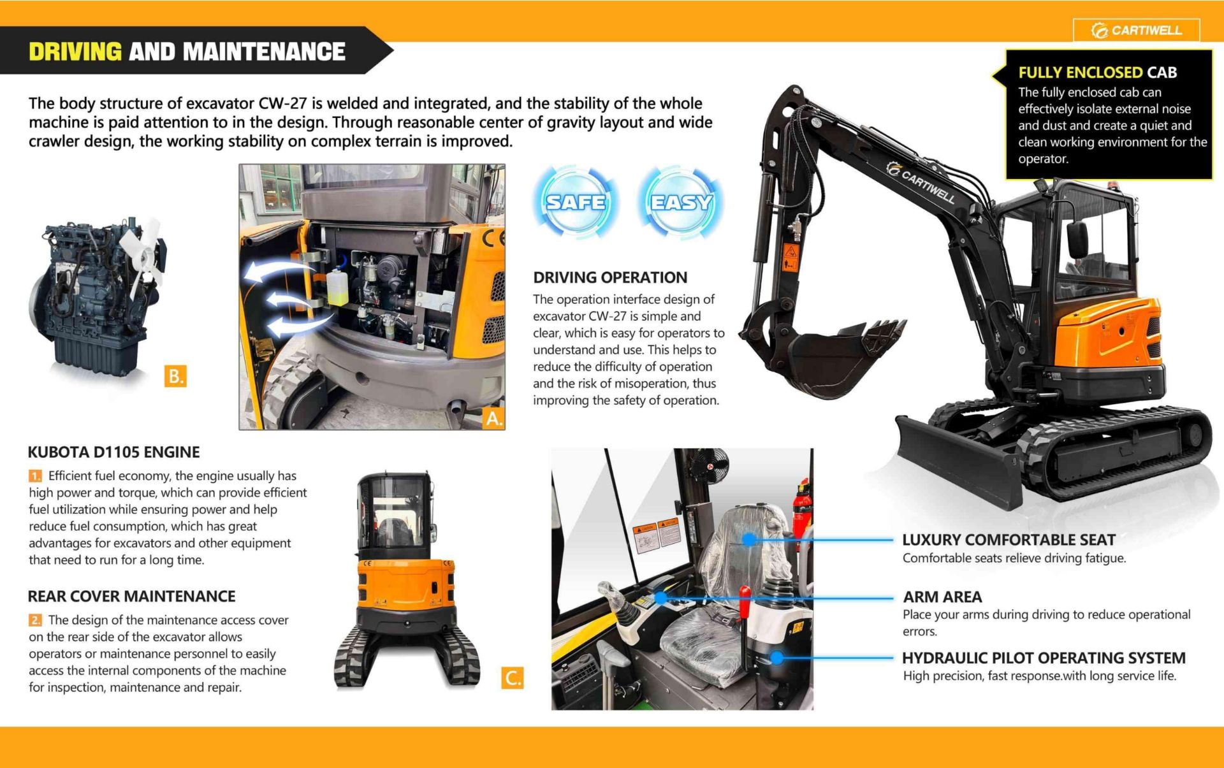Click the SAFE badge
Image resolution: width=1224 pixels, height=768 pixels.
576,202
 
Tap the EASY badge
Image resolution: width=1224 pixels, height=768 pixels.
681,202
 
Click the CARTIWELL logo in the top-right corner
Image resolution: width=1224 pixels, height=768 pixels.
1137,30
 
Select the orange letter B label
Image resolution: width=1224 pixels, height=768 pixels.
175,376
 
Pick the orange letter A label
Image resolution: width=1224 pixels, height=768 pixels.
494,418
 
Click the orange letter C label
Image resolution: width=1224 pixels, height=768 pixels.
513,677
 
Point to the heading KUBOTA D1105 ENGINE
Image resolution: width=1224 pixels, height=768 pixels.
113,453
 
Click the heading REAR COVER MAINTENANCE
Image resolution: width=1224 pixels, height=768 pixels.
131,597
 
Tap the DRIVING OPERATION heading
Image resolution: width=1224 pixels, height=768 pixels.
610,278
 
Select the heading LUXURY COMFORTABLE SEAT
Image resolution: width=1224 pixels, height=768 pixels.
1009,540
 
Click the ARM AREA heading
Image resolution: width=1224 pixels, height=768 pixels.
942,597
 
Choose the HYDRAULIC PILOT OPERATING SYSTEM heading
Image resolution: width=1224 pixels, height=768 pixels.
1044,658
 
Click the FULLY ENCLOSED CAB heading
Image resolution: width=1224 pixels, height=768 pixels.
1097,73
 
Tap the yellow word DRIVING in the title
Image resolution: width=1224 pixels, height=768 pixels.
75,52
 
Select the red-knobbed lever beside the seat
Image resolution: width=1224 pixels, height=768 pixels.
745,602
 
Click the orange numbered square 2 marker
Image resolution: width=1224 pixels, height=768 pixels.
35,620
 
